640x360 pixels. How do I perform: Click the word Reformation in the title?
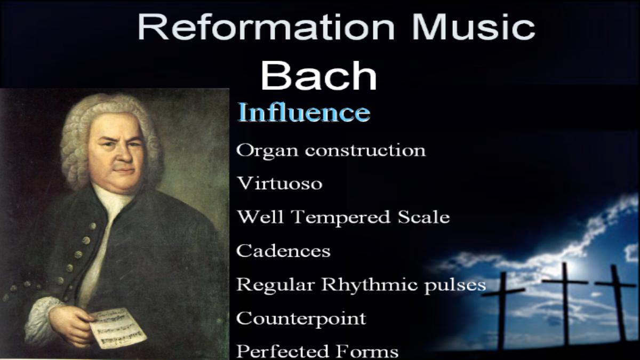coord(266,27)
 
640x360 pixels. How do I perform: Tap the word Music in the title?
coord(474,27)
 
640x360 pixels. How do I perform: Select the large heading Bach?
coord(319,76)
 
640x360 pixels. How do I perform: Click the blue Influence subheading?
coord(304,112)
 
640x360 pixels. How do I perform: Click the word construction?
coord(365,150)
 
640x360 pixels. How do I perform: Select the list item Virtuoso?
coord(279,183)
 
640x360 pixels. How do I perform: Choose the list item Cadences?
coord(283,251)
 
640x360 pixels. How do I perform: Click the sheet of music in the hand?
coord(118,329)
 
